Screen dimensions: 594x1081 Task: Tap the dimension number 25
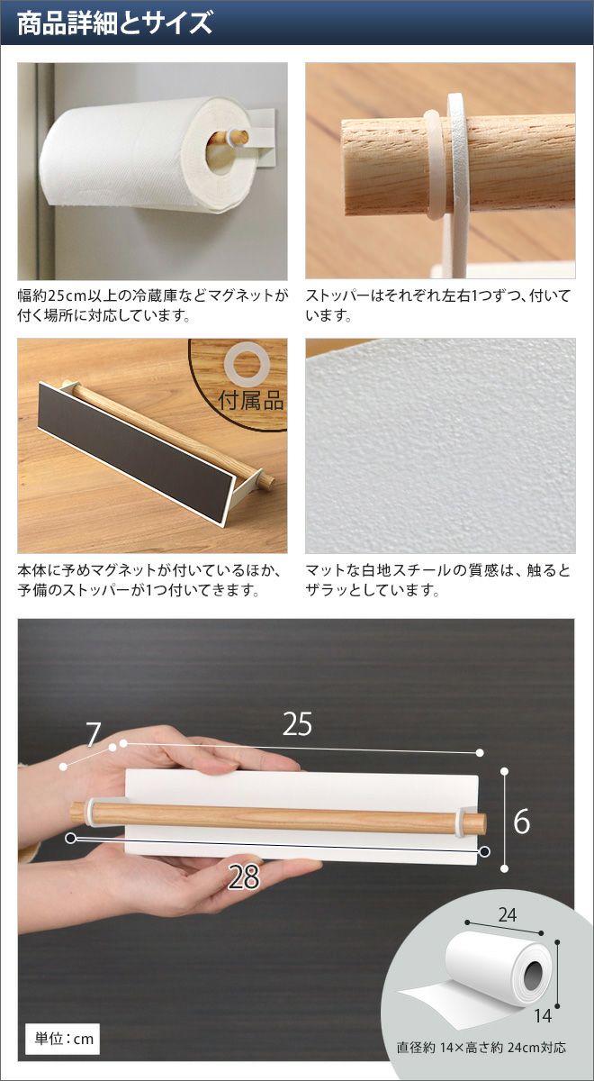pos(298,724)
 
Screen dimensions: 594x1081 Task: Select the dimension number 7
pos(92,734)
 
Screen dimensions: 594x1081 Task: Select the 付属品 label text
pos(251,400)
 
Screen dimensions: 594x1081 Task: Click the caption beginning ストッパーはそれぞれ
pos(438,305)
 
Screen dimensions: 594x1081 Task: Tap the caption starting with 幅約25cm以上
pos(153,305)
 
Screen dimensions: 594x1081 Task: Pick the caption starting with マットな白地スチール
pos(438,580)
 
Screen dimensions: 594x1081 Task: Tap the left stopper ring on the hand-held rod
pos(91,804)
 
